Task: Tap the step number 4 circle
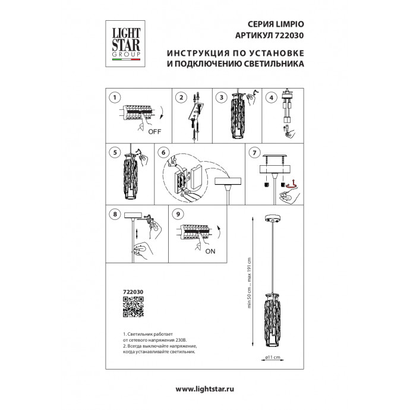272,97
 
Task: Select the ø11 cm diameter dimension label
271,357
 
